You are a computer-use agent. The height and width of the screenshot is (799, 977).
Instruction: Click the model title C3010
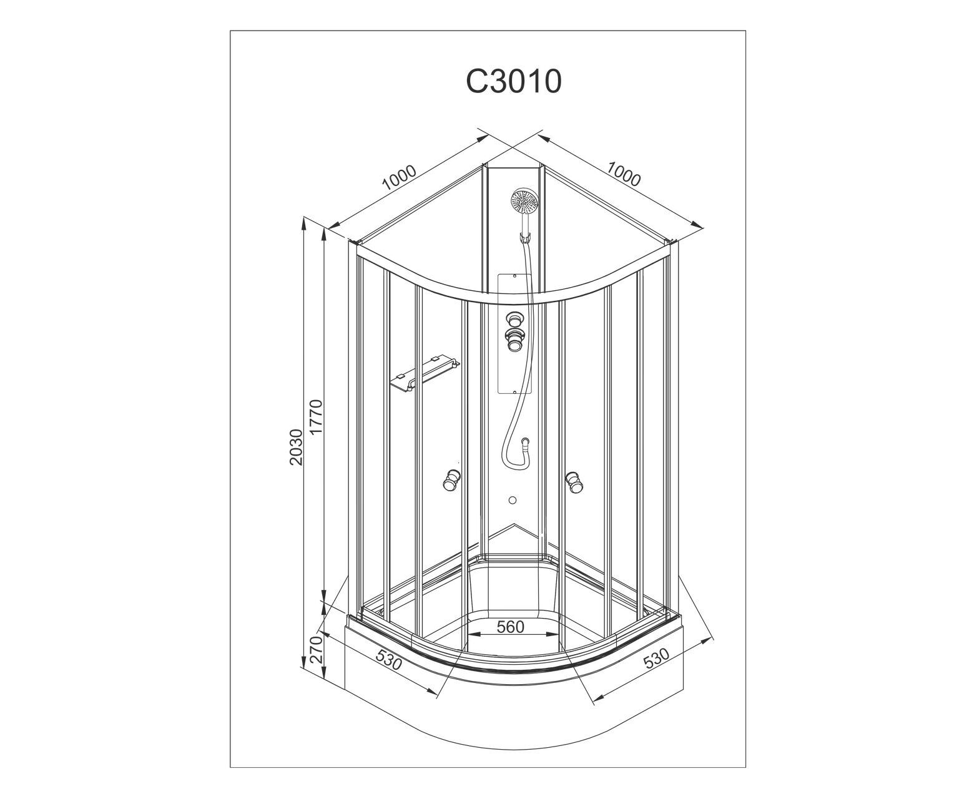pos(513,82)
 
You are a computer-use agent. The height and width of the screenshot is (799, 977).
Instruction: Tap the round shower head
pos(524,200)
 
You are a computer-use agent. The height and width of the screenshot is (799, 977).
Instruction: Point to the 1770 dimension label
pos(317,416)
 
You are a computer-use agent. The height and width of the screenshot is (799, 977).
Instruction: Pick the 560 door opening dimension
pos(511,627)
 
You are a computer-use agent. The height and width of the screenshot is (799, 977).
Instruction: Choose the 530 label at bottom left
pos(388,659)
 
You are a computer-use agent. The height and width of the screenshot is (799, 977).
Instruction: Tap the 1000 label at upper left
pos(400,178)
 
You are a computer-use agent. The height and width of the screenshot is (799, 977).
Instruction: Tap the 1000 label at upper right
pos(624,174)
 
